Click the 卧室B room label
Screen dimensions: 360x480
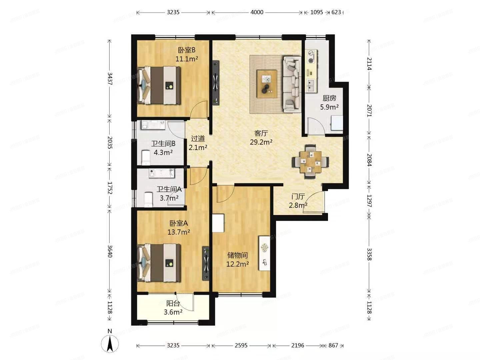click(187, 50)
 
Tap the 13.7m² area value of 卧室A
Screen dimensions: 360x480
click(179, 232)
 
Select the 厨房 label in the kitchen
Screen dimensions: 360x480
click(329, 98)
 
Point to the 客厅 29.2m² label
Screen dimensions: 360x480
click(261, 138)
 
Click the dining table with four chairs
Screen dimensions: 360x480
click(310, 162)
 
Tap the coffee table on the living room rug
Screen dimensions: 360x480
click(267, 84)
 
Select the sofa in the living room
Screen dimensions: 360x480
click(292, 84)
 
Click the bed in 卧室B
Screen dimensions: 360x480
click(159, 85)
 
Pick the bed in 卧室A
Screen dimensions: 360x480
click(159, 263)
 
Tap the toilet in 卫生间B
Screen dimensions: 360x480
click(146, 158)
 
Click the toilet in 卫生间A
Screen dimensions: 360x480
click(148, 199)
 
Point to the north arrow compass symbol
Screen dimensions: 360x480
click(110, 342)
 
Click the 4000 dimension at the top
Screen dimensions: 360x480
click(257, 12)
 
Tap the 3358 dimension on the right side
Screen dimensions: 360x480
click(369, 254)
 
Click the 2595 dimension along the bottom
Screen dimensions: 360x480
click(241, 345)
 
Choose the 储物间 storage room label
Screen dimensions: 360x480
click(237, 255)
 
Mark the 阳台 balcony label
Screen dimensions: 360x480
click(173, 303)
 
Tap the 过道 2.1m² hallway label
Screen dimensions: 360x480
click(198, 143)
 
